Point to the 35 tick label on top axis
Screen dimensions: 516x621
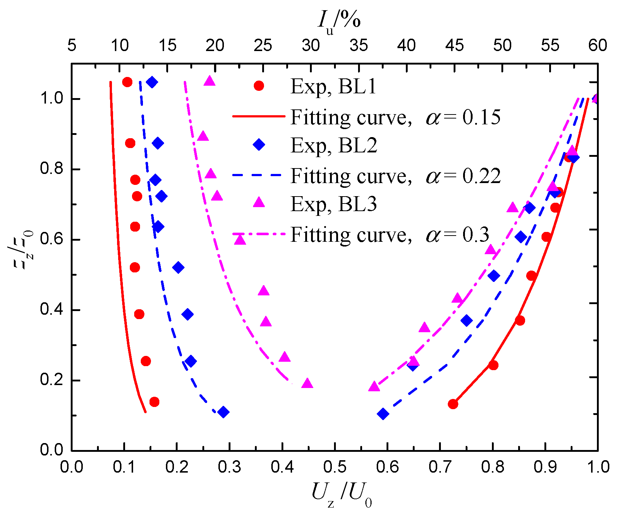[358, 46]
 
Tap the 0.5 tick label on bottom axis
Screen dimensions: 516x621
[335, 467]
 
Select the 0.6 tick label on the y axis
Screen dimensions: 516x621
[51, 240]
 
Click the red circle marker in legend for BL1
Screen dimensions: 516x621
[259, 86]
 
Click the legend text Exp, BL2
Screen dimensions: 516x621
[333, 145]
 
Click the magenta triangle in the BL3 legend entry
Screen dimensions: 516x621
[259, 202]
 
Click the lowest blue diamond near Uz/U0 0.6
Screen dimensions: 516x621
[383, 414]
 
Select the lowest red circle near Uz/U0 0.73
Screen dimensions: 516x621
[453, 404]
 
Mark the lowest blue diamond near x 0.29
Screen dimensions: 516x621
[224, 412]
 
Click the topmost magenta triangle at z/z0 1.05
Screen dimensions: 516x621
[209, 81]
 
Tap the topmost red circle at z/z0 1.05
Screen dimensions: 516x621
[127, 82]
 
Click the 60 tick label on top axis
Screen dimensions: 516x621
[597, 46]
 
